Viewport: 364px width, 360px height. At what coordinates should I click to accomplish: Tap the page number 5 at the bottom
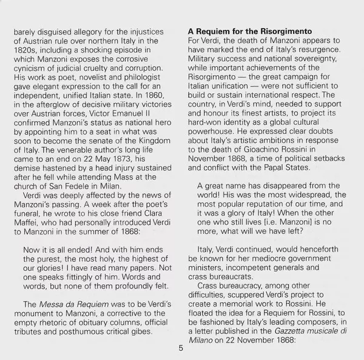[x=181, y=348]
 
